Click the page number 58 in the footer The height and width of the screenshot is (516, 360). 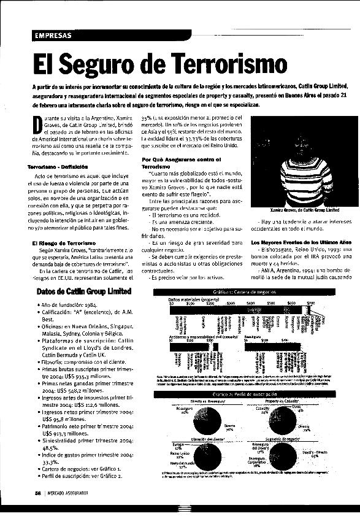[x=38, y=492]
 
